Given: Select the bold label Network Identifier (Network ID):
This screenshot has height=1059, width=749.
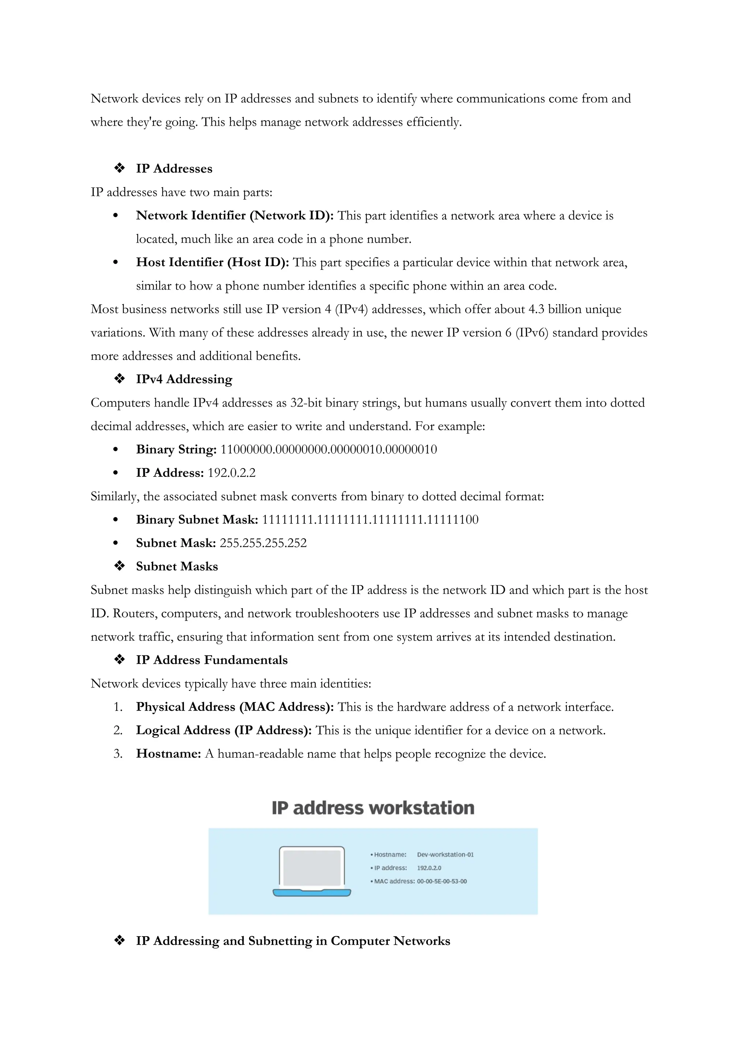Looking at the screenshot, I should click(235, 216).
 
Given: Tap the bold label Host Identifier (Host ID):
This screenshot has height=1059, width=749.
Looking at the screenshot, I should click(212, 263).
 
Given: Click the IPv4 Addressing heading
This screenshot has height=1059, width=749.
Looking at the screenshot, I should click(184, 380).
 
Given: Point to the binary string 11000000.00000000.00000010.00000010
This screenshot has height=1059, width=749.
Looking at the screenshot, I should click(328, 450).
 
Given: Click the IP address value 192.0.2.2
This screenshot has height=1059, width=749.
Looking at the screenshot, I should click(232, 473).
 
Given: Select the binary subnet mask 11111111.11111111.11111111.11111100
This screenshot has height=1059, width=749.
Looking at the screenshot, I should click(370, 520).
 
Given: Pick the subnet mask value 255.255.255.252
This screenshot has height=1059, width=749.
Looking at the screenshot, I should click(263, 543).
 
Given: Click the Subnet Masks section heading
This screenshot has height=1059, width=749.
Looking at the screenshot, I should click(177, 567).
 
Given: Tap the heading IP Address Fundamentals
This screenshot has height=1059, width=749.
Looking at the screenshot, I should click(212, 660).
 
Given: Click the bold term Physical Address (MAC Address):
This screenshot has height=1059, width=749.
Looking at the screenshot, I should click(235, 707).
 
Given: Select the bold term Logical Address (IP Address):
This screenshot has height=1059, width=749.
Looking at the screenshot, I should click(224, 731).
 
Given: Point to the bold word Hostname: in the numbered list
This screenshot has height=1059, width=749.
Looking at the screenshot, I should click(168, 754).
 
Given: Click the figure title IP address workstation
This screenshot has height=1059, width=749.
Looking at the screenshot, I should click(373, 808).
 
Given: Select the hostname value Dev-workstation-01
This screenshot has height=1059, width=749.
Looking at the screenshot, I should click(445, 855).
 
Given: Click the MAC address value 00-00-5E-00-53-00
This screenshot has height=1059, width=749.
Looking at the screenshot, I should click(442, 881).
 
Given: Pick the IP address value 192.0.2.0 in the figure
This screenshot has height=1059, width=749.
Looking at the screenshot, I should click(429, 868).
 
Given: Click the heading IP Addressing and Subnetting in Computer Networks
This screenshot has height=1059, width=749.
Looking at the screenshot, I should click(293, 941).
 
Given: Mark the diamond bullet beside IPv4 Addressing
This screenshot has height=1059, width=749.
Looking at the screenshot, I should click(120, 379).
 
